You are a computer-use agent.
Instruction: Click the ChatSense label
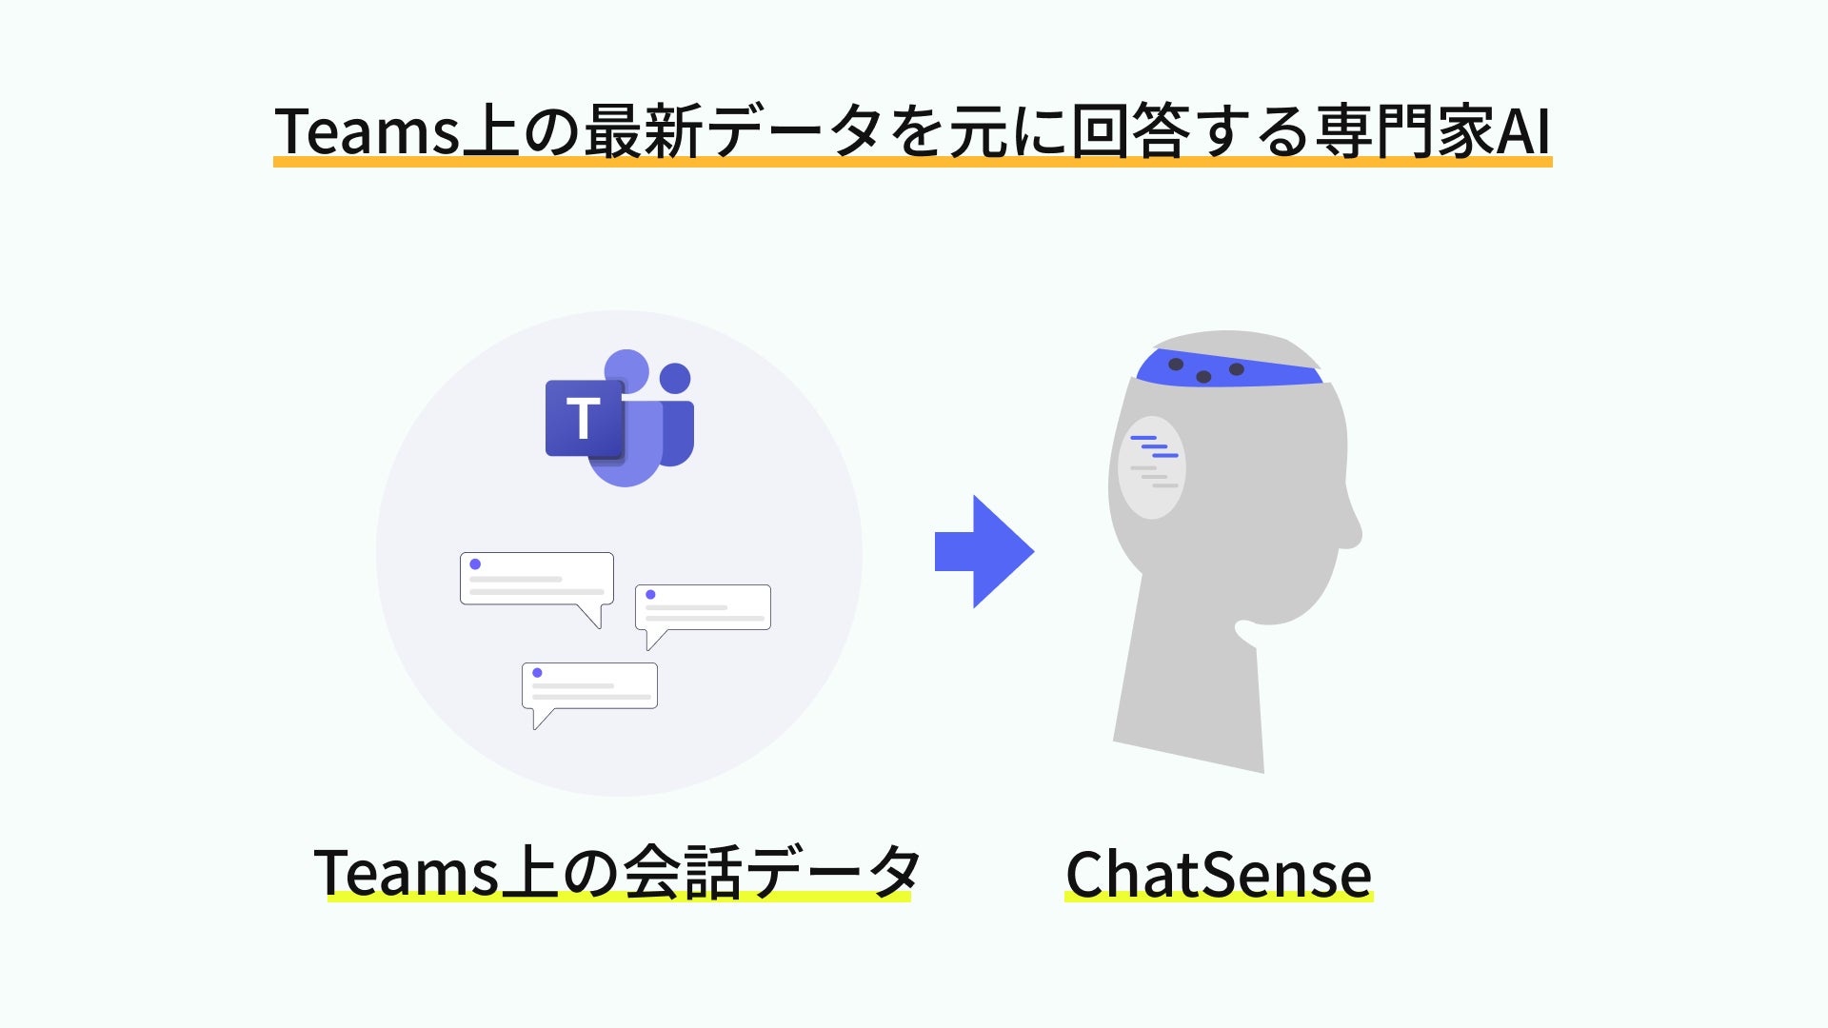pos(1218,874)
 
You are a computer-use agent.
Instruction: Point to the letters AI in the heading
pos(1524,130)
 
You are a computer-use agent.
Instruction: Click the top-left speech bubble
pos(536,579)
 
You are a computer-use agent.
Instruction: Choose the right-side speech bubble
pos(703,607)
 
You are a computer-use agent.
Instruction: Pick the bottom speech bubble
pos(589,685)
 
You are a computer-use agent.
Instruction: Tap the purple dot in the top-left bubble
pos(475,564)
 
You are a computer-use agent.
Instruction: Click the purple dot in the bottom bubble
pos(537,673)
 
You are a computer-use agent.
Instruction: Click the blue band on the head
pos(1228,369)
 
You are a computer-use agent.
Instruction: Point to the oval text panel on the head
pos(1151,467)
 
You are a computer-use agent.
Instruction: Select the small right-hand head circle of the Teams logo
pos(675,378)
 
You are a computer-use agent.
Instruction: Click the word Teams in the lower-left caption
pos(406,872)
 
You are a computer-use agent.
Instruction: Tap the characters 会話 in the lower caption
pos(683,872)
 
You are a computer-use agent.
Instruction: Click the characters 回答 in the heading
pos(1130,130)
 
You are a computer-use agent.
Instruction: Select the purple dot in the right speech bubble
pos(650,595)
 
